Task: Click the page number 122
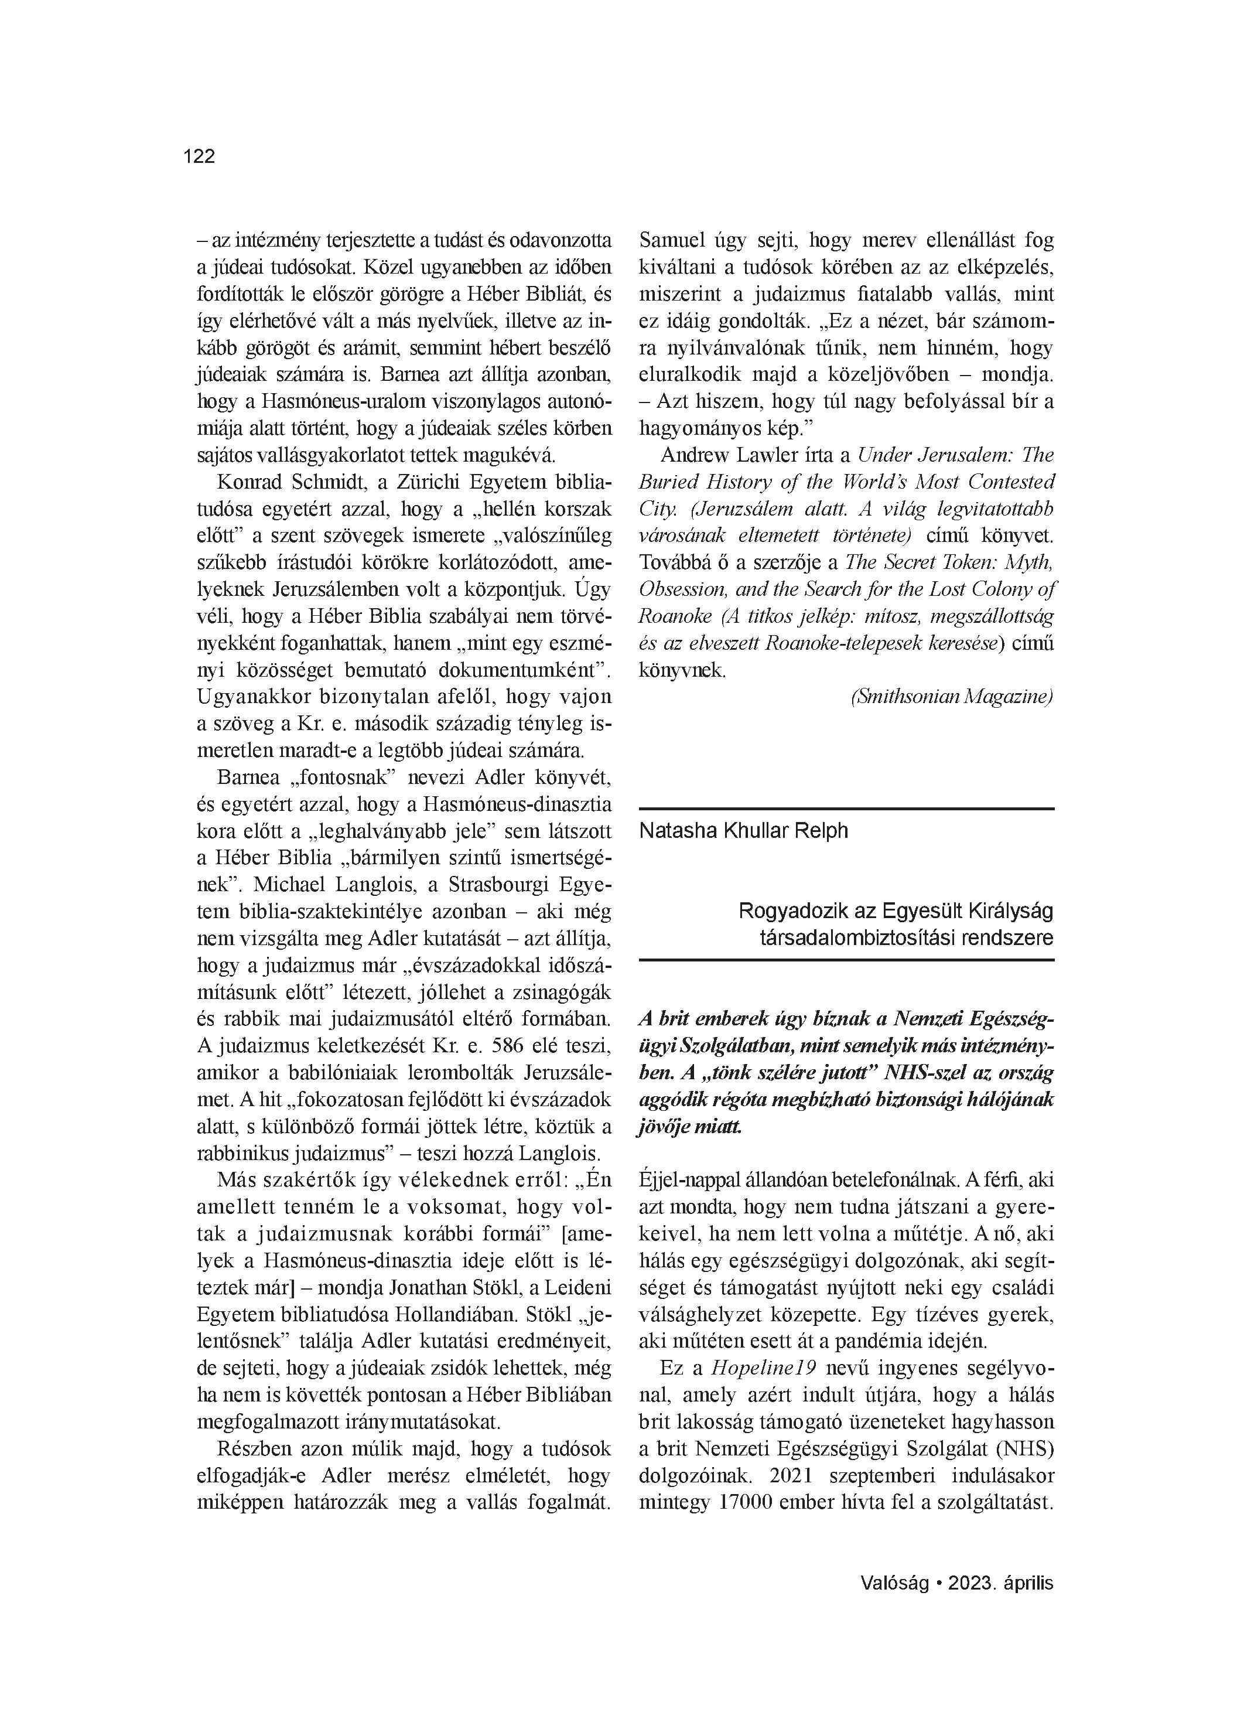[199, 156]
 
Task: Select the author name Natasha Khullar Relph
[743, 830]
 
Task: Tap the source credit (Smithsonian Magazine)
[951, 697]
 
